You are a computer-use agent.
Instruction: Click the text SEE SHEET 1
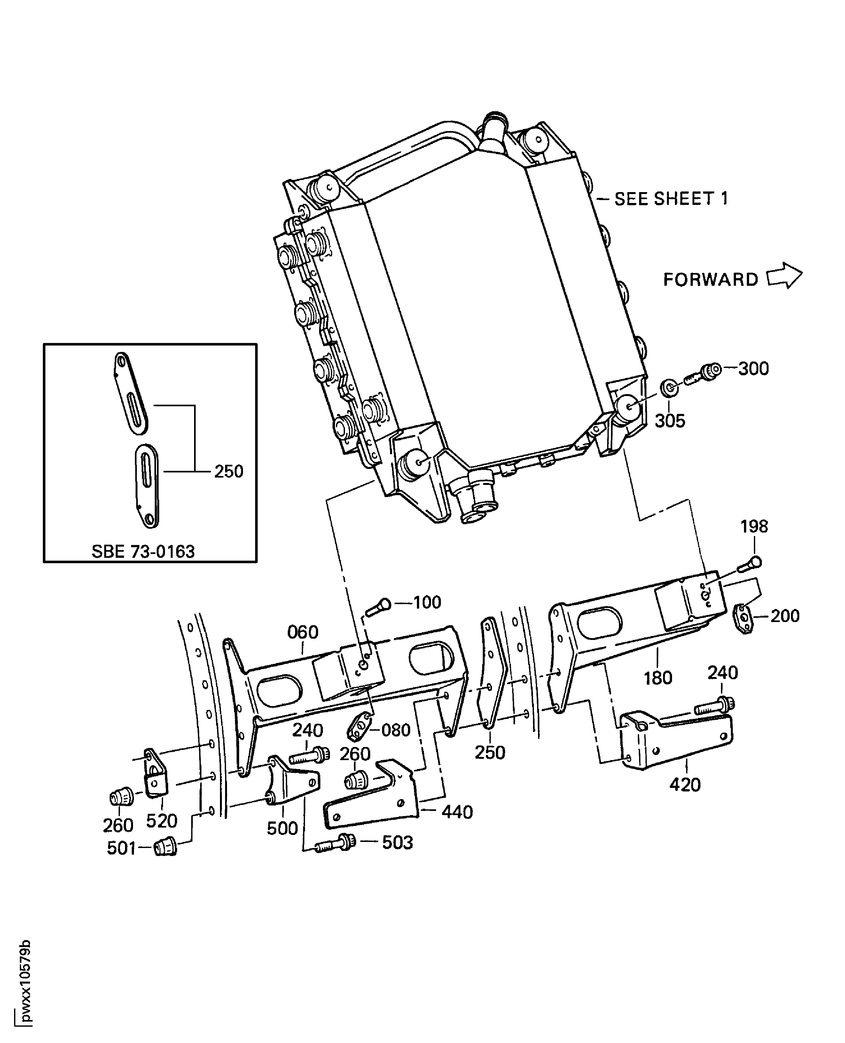[x=671, y=199]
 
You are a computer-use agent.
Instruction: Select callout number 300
[x=754, y=369]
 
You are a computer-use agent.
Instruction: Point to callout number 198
[x=754, y=526]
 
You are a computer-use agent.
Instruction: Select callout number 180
[x=658, y=678]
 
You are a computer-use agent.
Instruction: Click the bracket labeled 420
[x=677, y=741]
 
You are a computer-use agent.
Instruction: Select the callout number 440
[x=457, y=812]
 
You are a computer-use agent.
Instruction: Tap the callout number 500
[x=282, y=828]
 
